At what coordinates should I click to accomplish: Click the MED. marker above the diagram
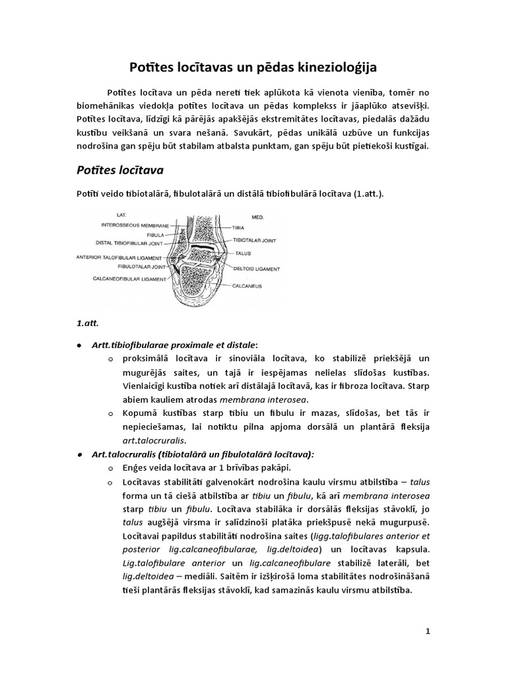(259, 216)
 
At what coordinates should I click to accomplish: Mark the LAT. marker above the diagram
(121, 215)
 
